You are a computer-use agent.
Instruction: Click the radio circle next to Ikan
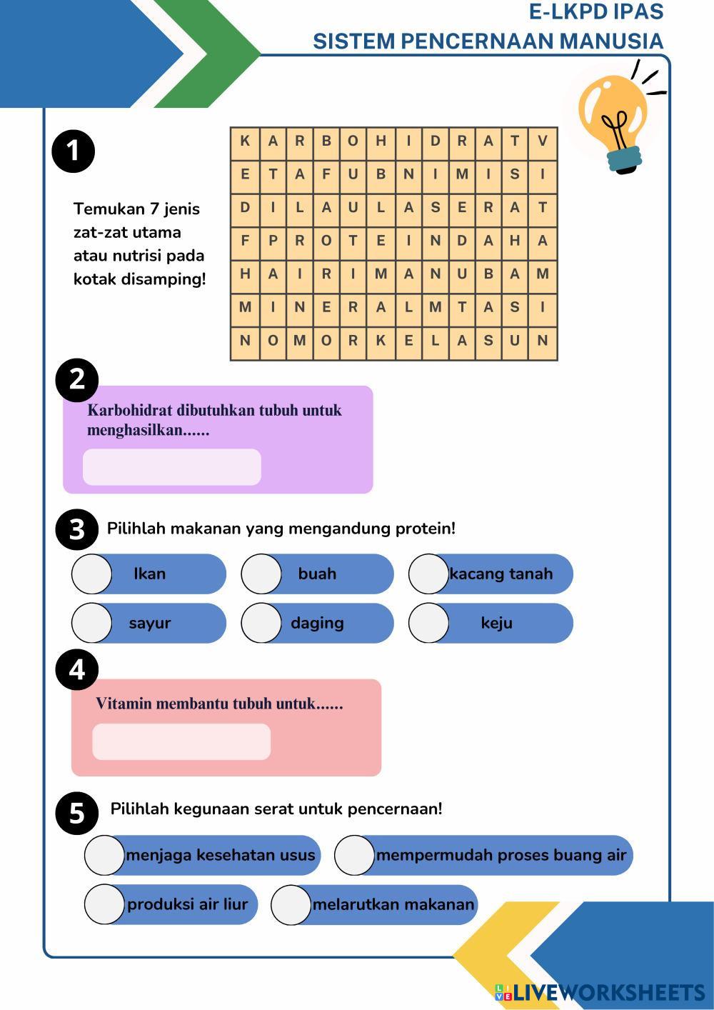coord(92,574)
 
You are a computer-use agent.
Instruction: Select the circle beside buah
coord(261,574)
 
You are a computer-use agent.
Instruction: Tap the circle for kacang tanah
coord(429,574)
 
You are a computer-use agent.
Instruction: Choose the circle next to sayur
coord(92,623)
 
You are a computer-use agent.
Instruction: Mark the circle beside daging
coord(261,623)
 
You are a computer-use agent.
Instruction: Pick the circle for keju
coord(429,623)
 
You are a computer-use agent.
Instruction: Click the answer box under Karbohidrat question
coord(172,467)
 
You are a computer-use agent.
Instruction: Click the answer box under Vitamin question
coord(181,741)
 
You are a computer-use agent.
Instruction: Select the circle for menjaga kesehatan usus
coord(105,855)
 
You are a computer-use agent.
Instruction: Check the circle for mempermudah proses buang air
coord(355,855)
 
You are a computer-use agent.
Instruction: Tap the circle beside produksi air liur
coord(105,904)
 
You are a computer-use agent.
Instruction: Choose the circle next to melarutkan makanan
coord(291,904)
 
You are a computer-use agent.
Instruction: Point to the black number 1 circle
coord(74,151)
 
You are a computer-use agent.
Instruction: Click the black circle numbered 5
coord(77,813)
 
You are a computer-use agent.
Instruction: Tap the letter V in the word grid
coord(543,141)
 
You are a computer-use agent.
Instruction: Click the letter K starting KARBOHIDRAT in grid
coord(245,141)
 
